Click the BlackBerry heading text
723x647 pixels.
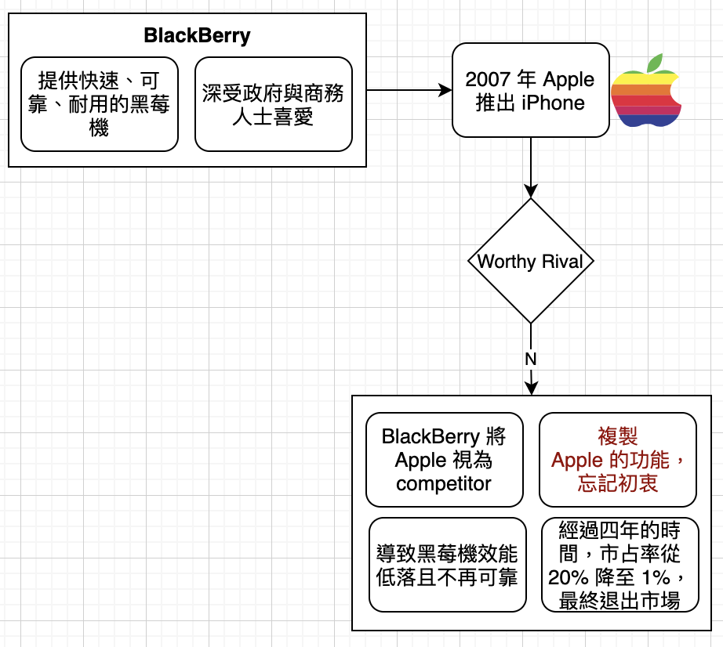pyautogui.click(x=197, y=35)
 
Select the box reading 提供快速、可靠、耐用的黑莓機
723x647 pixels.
pyautogui.click(x=100, y=104)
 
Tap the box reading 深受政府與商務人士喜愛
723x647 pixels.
pyautogui.click(x=274, y=104)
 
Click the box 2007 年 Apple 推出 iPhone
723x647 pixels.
pyautogui.click(x=531, y=90)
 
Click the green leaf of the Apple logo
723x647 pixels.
pyautogui.click(x=655, y=63)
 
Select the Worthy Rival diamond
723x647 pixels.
pyautogui.click(x=531, y=261)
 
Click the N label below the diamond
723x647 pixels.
pyautogui.click(x=531, y=359)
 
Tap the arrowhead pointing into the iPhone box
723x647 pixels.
pyautogui.click(x=445, y=90)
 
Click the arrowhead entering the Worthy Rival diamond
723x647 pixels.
pyautogui.click(x=531, y=191)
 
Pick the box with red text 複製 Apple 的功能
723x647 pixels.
pyautogui.click(x=618, y=460)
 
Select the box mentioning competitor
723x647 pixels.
pyautogui.click(x=445, y=460)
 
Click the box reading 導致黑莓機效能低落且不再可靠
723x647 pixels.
pyautogui.click(x=448, y=565)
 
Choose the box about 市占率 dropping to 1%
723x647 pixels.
pyautogui.click(x=620, y=565)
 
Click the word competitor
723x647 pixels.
pyautogui.click(x=444, y=484)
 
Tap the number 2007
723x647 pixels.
pyautogui.click(x=488, y=80)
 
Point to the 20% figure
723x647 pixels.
pyautogui.click(x=569, y=577)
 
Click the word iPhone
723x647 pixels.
pyautogui.click(x=554, y=103)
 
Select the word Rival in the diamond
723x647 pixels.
pyautogui.click(x=562, y=262)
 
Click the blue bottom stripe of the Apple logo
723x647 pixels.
pyautogui.click(x=647, y=120)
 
